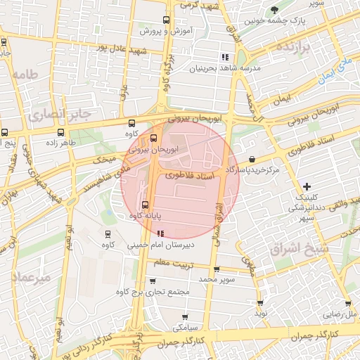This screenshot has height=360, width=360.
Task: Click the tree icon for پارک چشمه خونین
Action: (x=275, y=9)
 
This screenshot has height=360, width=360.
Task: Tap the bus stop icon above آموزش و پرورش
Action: (x=166, y=20)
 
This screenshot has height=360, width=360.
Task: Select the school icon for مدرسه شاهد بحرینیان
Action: (x=224, y=57)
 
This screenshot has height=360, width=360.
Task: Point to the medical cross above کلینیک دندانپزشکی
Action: (x=306, y=186)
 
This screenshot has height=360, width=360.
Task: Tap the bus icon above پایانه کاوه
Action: (x=146, y=205)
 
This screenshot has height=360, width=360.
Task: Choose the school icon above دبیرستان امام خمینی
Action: (x=161, y=233)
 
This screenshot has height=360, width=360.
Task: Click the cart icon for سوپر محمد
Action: (x=216, y=269)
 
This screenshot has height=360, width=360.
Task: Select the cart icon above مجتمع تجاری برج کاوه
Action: (x=153, y=281)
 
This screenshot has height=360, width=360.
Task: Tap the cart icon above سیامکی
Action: (x=185, y=316)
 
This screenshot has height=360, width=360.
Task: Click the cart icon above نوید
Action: (x=259, y=302)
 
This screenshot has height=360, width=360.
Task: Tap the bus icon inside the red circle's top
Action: (x=154, y=138)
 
